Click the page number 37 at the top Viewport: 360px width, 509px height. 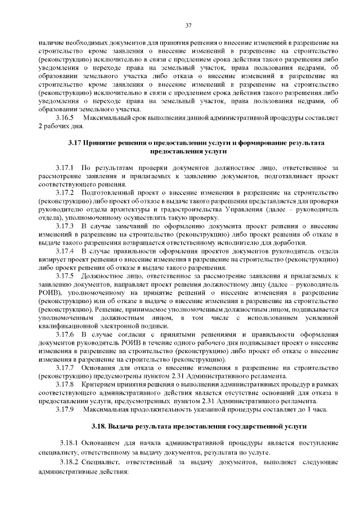[188, 25]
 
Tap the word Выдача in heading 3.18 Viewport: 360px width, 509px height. [121, 426]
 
